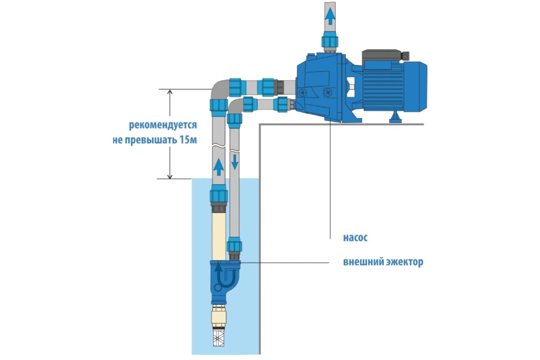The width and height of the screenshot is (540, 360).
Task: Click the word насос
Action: pyautogui.click(x=355, y=238)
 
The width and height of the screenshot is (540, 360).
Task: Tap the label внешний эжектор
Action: pyautogui.click(x=383, y=262)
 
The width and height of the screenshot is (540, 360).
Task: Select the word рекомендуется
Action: pyautogui.click(x=164, y=124)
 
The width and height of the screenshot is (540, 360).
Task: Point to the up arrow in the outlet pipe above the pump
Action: pyautogui.click(x=330, y=17)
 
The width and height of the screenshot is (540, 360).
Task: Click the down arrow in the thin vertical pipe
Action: pyautogui.click(x=234, y=162)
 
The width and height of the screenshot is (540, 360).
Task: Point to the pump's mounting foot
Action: pyautogui.click(x=396, y=118)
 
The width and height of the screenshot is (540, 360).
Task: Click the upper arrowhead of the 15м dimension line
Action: pyautogui.click(x=170, y=93)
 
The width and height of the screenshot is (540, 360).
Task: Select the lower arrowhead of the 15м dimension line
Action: pyautogui.click(x=170, y=175)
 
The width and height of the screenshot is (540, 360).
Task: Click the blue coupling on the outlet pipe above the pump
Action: pyautogui.click(x=330, y=41)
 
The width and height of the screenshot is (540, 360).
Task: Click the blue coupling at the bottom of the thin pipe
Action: pyautogui.click(x=234, y=246)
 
